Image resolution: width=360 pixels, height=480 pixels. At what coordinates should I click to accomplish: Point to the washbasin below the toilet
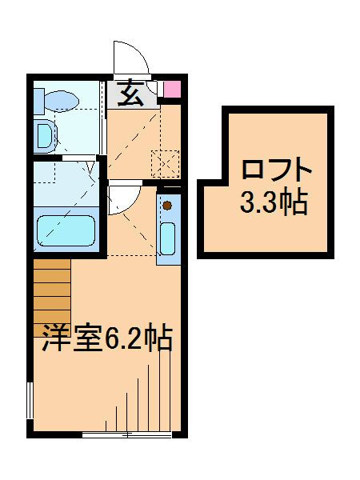coord(44,136)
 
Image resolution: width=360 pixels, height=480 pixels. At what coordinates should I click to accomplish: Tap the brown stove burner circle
coord(168,205)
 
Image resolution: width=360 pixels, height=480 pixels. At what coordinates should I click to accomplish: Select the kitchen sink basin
coord(168,236)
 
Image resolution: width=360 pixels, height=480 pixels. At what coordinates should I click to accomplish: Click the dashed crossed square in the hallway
coord(164,162)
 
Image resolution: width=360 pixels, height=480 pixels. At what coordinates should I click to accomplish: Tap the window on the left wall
coord(30,400)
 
